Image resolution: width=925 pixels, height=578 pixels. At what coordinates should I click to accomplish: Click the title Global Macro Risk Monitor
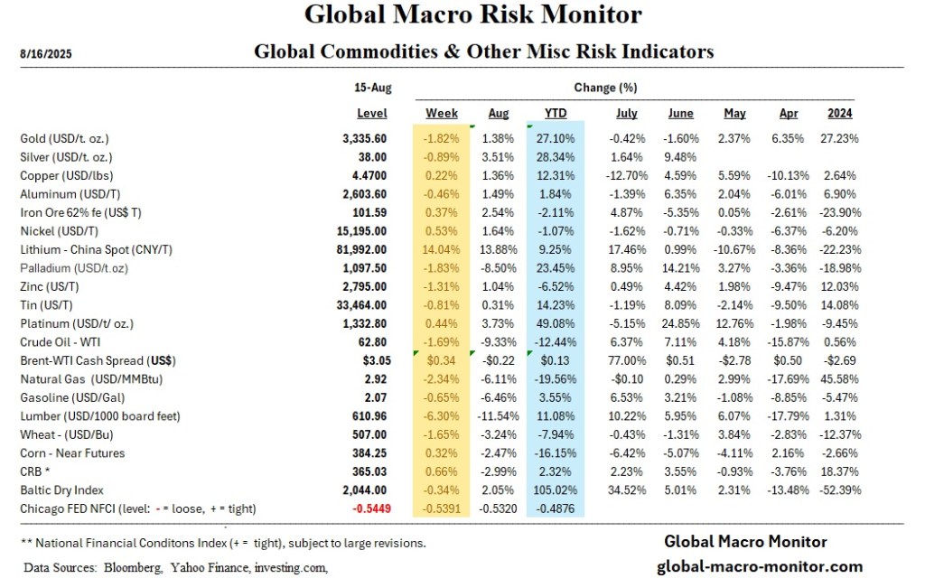coord(473,15)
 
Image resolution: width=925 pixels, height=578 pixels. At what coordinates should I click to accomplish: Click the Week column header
coord(442,114)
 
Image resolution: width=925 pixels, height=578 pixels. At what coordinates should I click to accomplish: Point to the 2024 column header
coord(839,114)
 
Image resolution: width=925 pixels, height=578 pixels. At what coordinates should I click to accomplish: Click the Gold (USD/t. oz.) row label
coord(77,139)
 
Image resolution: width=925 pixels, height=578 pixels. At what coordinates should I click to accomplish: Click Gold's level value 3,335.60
coord(364,139)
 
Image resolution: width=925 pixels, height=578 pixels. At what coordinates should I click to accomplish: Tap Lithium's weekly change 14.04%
coord(442,249)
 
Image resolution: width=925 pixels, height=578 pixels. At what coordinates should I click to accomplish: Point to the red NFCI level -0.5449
coord(363,508)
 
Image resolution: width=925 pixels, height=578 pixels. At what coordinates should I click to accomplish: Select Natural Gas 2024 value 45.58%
coord(839,378)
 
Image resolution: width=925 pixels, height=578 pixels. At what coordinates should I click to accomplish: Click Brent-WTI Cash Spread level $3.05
coord(371,360)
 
